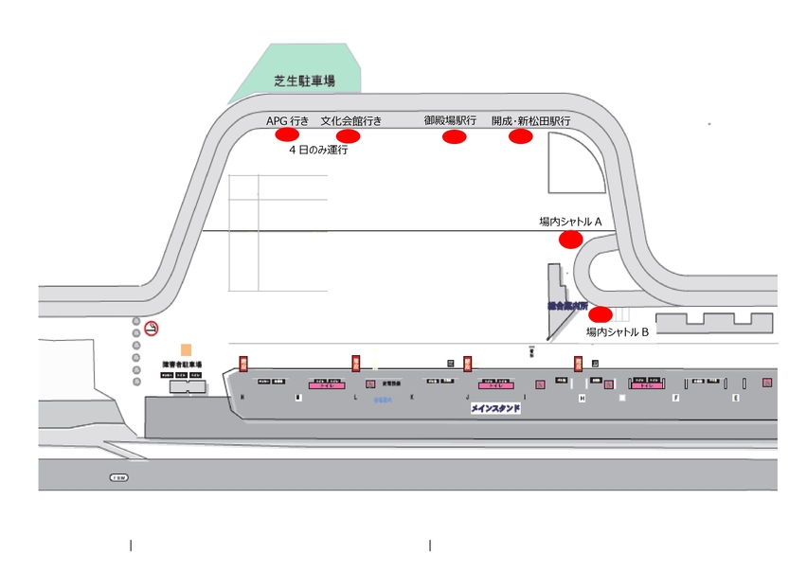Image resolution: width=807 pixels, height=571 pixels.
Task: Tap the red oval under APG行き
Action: click(x=287, y=135)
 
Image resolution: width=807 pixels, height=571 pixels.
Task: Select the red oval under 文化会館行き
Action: click(x=349, y=136)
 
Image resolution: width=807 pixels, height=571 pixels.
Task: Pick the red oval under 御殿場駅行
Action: click(x=455, y=137)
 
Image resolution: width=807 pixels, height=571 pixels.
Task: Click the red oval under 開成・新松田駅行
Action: click(x=521, y=137)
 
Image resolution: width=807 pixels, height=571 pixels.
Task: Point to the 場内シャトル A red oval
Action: click(x=570, y=240)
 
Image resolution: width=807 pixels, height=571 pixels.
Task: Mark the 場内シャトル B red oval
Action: click(x=601, y=314)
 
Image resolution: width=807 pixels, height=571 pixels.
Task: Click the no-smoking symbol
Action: click(x=152, y=329)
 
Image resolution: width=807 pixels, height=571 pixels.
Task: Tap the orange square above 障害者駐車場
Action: click(x=186, y=349)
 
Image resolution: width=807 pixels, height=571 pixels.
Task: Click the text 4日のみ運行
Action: click(x=318, y=150)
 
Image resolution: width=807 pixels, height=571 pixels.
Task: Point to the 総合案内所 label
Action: click(x=567, y=307)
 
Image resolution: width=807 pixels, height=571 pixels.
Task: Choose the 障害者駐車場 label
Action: click(x=181, y=365)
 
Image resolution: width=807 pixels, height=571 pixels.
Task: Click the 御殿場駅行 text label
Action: click(x=450, y=121)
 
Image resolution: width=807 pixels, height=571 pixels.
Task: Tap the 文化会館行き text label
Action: click(x=351, y=121)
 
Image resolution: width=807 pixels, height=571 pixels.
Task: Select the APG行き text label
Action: click(x=287, y=121)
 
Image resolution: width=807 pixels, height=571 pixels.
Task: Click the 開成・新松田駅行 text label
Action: click(x=530, y=122)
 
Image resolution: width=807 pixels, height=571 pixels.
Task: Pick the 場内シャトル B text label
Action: click(x=617, y=332)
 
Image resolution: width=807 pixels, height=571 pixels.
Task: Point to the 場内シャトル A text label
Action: click(x=571, y=222)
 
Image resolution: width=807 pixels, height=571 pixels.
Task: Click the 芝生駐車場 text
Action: click(x=305, y=81)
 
